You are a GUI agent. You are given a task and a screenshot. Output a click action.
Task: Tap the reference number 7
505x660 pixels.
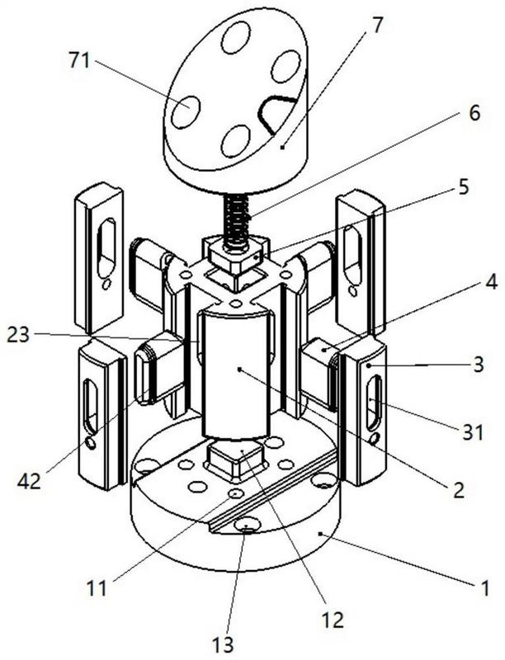click(x=377, y=23)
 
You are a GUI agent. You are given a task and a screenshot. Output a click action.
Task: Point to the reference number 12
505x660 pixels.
click(x=333, y=617)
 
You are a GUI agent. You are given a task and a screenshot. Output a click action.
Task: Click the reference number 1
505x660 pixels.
click(x=485, y=588)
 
